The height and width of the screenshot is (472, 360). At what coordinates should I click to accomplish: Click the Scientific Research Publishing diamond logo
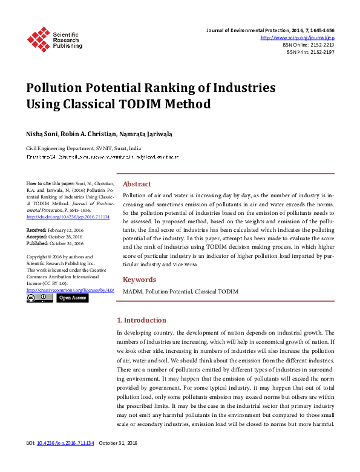[x=38, y=39]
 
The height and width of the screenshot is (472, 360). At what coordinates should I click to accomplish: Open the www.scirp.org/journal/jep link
[x=306, y=38]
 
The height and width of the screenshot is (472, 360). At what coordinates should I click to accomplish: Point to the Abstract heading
[x=137, y=184]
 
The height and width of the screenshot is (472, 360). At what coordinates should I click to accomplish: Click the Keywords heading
[x=139, y=280]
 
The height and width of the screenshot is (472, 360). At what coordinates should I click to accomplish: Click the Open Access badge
[x=73, y=298]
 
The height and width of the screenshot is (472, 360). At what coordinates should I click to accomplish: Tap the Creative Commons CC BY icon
[x=40, y=298]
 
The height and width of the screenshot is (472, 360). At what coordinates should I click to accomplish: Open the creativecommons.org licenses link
[x=70, y=290]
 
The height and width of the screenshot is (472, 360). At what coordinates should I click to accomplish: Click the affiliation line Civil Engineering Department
[x=83, y=148]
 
